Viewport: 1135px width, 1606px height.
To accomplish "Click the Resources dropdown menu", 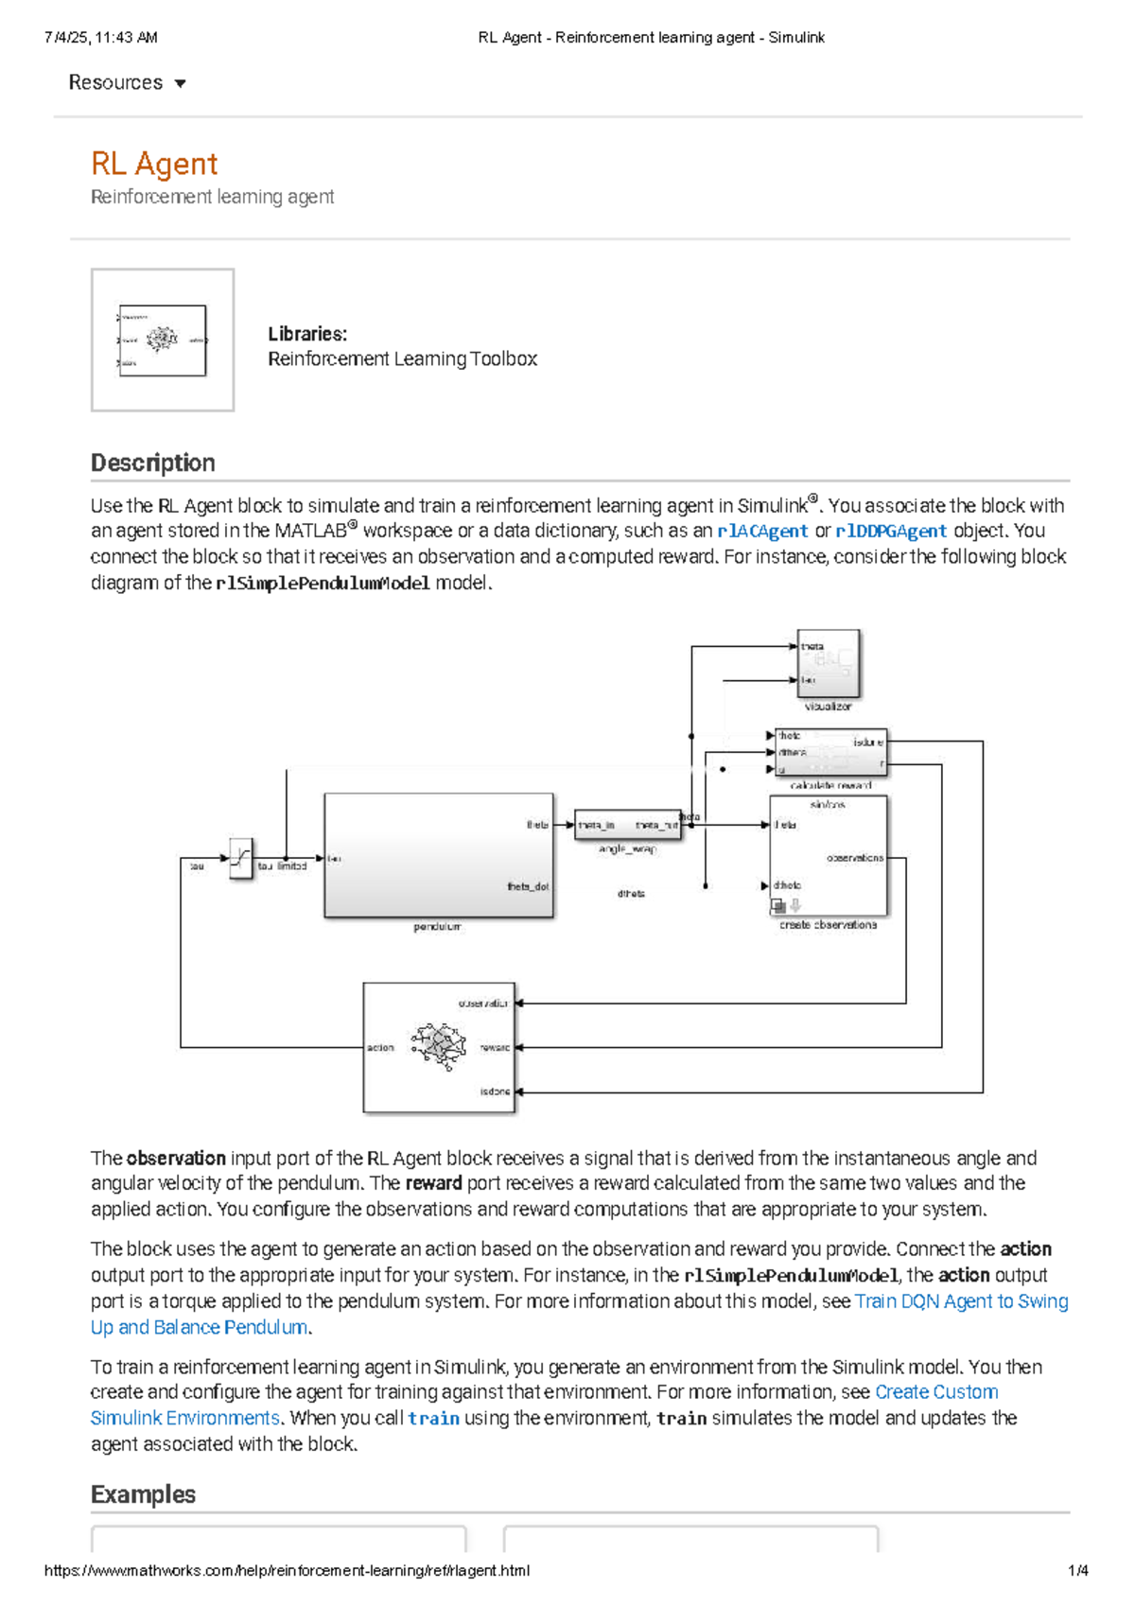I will pos(127,83).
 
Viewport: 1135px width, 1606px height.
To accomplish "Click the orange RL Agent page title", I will pos(154,164).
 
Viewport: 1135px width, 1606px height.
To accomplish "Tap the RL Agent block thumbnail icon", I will pos(163,340).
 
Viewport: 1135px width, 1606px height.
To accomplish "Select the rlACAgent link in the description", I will pos(762,532).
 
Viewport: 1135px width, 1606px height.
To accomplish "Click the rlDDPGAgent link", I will pos(891,532).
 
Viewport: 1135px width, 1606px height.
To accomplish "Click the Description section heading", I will pos(153,463).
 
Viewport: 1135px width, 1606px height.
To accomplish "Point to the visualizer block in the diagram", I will pos(829,663).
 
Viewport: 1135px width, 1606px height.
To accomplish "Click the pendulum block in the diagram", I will pos(438,855).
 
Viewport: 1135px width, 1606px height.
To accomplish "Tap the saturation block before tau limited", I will pos(241,859).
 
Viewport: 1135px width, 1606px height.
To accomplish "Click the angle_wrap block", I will pos(628,825).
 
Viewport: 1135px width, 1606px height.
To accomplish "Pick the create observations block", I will pos(829,856).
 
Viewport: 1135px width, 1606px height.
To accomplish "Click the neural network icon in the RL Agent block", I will pos(439,1046).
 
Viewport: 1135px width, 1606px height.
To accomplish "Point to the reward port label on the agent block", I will pos(495,1048).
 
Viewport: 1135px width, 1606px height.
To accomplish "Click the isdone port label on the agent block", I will pos(495,1091).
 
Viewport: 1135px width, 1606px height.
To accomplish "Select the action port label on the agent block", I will pos(380,1048).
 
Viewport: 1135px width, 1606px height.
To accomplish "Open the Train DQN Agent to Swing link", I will pos(961,1301).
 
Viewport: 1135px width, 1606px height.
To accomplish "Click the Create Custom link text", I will pos(936,1392).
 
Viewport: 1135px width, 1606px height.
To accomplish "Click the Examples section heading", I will pos(143,1494).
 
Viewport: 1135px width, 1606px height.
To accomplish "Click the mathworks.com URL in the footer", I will pos(287,1571).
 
